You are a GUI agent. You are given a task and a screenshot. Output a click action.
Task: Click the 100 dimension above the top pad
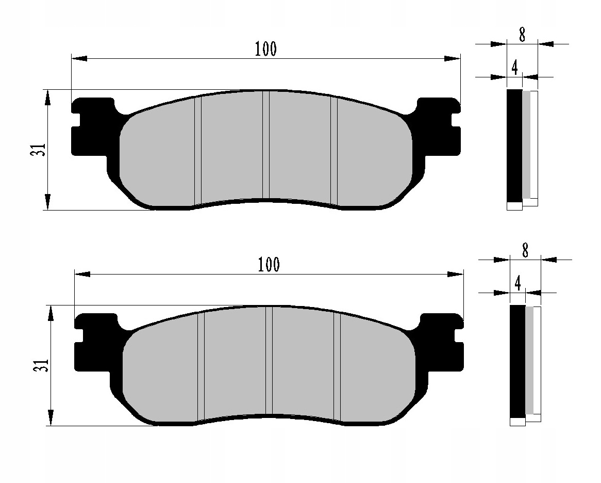pos(265,49)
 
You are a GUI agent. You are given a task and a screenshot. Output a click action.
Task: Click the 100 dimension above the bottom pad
pos(269,265)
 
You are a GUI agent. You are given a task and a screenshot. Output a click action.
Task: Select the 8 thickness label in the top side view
pos(522,35)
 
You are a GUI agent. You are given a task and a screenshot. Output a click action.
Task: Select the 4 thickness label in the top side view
pos(514,68)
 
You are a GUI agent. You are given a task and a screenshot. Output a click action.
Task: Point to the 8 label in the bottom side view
pos(525,251)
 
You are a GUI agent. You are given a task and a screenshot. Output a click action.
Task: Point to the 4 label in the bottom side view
pos(517,283)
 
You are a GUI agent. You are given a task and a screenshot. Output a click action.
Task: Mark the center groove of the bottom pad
pos(269,361)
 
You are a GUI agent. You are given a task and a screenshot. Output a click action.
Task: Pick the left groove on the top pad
pos(197,150)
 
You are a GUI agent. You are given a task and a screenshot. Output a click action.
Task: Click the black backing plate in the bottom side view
pos(517,361)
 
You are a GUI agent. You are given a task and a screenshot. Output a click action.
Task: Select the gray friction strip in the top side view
pos(526,144)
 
